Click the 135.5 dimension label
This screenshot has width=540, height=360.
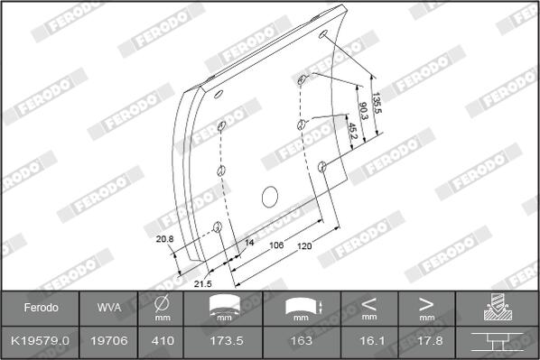(377, 103)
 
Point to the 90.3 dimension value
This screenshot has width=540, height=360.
(363, 110)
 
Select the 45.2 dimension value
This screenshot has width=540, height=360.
(353, 131)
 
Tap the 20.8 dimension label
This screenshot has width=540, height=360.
(164, 239)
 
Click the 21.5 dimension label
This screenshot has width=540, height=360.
(202, 284)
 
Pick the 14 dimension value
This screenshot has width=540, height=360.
(249, 243)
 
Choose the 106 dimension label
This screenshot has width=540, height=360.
(276, 245)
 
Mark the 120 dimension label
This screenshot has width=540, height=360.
(304, 246)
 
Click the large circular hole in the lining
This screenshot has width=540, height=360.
(270, 197)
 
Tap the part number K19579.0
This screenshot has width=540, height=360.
(41, 341)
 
